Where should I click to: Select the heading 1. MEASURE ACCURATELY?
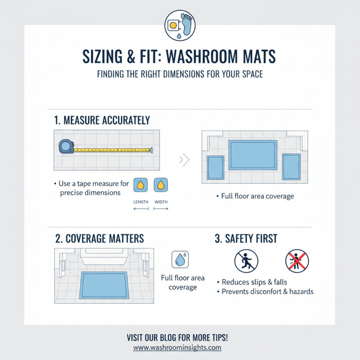[102, 120]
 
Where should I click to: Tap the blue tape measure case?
[66, 146]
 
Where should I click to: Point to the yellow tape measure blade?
[112, 150]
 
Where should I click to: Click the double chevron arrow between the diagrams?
[184, 159]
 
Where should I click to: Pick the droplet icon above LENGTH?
[141, 185]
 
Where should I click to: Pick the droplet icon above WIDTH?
[161, 185]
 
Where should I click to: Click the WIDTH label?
[161, 202]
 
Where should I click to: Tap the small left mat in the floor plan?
[215, 168]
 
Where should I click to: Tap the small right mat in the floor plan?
[291, 166]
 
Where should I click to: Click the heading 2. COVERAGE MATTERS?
[99, 238]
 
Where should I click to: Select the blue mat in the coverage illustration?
[103, 284]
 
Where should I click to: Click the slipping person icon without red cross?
[247, 261]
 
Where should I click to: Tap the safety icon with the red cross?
[297, 261]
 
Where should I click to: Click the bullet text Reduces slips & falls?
[254, 282]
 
